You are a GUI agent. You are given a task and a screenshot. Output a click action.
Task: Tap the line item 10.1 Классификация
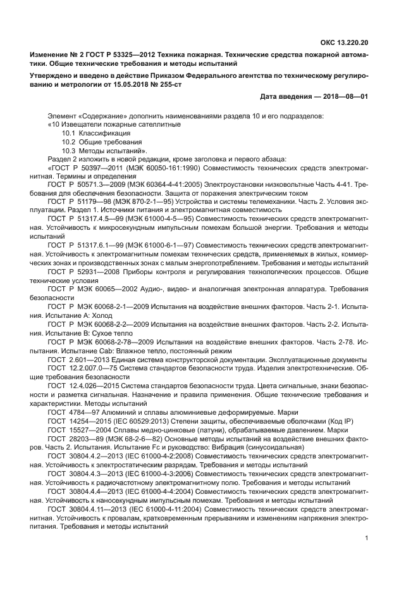(x=96, y=134)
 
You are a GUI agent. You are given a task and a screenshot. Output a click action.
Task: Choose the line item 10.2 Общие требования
(x=101, y=142)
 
